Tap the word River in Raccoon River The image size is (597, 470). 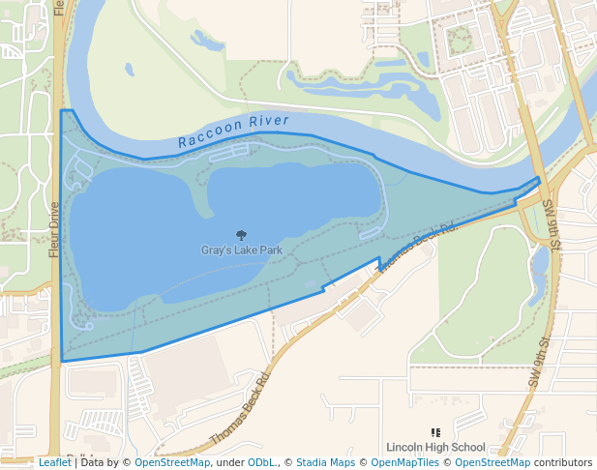point(269,122)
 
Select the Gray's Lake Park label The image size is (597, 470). point(242,250)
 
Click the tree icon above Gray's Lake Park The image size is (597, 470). point(241,235)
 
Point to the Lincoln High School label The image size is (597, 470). point(435,447)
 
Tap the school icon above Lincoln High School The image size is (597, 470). point(435,432)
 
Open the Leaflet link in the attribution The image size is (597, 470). point(54,462)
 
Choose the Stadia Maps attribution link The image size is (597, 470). point(325,462)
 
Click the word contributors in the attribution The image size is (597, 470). point(563,462)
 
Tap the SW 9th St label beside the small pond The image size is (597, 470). point(551,224)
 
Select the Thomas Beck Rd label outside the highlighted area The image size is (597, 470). point(238,410)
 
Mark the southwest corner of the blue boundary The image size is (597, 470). point(63,361)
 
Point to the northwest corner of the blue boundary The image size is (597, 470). point(62,110)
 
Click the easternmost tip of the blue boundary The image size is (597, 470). point(540,180)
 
